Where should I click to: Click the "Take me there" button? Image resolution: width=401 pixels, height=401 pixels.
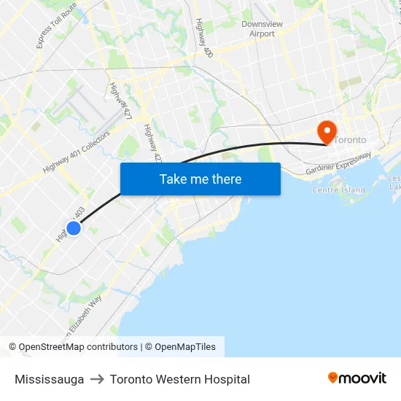[200, 179]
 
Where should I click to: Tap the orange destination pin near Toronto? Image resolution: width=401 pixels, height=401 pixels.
[325, 131]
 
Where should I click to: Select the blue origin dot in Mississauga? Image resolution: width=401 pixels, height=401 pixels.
[73, 228]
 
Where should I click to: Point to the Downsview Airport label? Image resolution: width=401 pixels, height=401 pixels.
[262, 28]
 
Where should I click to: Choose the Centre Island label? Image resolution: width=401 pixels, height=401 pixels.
[338, 190]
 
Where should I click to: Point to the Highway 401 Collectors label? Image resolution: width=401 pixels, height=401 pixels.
[76, 152]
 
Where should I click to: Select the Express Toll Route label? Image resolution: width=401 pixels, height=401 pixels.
[57, 26]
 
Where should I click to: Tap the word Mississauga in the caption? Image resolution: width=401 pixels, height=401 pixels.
[49, 379]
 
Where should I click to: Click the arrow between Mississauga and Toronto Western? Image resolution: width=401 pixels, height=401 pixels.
[97, 379]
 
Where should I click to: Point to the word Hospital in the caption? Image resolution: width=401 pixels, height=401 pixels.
[227, 379]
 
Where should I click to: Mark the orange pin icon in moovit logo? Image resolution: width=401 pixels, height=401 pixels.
[332, 378]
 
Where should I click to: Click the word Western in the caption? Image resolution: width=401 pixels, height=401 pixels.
[175, 379]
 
